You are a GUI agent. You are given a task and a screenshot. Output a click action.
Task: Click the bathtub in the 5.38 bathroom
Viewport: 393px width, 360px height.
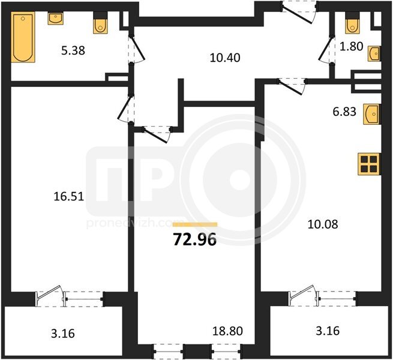tap(23, 37)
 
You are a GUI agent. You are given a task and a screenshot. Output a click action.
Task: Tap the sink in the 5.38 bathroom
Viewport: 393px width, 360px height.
tap(55, 19)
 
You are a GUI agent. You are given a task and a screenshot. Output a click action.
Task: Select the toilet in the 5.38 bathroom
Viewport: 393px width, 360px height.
tap(100, 23)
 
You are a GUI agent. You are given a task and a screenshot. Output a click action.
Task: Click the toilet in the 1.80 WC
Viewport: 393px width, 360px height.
tap(352, 23)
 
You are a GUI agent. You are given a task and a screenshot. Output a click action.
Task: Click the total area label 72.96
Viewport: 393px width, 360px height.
tap(195, 239)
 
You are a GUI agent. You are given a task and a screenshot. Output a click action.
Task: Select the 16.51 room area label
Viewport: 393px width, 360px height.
tap(68, 196)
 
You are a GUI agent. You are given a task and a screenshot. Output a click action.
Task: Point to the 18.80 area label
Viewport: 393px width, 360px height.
tap(227, 331)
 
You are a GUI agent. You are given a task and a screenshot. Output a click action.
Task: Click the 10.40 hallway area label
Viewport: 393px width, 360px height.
tap(225, 58)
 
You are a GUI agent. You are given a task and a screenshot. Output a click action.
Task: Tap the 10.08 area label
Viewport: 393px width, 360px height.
tap(323, 224)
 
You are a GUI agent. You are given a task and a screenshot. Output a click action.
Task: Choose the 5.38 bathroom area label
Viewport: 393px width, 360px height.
tap(73, 50)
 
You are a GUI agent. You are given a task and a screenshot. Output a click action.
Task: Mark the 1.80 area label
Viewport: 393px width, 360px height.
tap(352, 46)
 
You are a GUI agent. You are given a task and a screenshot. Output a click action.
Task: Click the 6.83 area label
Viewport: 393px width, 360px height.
tap(344, 112)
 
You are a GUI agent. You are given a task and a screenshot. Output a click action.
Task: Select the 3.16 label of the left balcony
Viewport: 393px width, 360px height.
tap(63, 334)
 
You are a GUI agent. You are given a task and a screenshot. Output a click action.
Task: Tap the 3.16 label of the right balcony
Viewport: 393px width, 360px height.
tap(328, 331)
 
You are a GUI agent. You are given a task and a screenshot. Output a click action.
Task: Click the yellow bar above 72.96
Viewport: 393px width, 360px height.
tap(195, 224)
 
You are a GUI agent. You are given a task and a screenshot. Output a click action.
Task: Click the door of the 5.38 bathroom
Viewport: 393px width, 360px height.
tap(137, 50)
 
